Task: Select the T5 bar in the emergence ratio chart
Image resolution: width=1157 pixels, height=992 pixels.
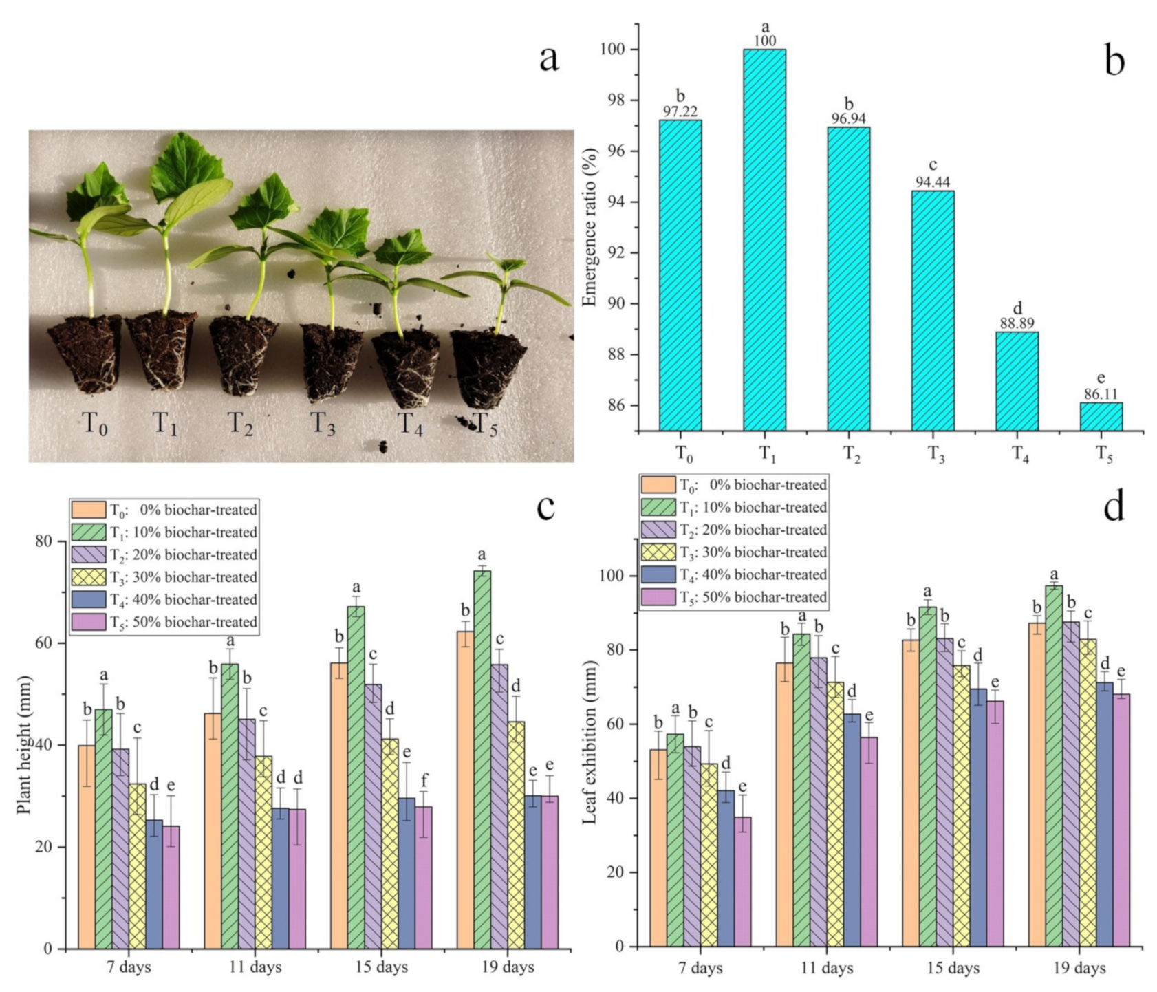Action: pos(1101,417)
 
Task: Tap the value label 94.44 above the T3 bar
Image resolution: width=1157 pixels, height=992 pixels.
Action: pos(933,182)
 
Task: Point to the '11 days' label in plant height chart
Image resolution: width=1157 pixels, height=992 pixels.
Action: pos(255,967)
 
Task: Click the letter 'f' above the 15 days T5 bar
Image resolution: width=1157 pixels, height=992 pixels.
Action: pos(424,779)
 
